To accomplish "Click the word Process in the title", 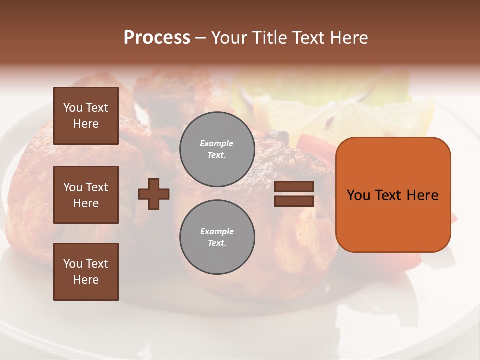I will coord(157,38).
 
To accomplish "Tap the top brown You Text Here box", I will coord(86,116).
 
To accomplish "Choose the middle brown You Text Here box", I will coord(86,195).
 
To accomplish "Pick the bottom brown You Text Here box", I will coord(86,272).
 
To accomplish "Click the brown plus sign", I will coord(154,194).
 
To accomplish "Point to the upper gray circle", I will coord(217,149).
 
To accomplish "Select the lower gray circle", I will coord(217,237).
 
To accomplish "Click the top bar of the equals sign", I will coord(294,187).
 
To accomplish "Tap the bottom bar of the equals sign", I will coord(294,201).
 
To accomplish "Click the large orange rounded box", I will coord(393,195).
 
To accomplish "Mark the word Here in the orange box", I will coord(422,195).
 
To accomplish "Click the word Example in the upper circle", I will coord(217,143).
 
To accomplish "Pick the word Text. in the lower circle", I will coord(217,243).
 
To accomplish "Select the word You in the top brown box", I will coord(72,108).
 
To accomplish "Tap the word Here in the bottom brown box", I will coord(86,280).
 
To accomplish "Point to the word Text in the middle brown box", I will coord(96,187).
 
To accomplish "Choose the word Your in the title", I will coord(227,38).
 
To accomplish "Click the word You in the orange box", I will coord(358,195).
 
